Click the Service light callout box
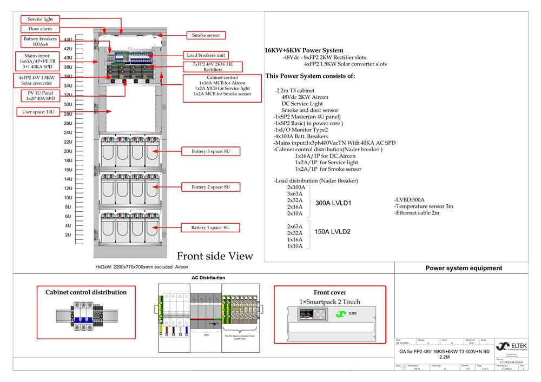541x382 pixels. click(x=40, y=19)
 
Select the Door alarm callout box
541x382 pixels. click(x=40, y=29)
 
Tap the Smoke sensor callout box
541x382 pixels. click(x=206, y=35)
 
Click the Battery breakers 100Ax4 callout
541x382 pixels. click(x=39, y=42)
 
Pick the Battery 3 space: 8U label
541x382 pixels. click(x=210, y=151)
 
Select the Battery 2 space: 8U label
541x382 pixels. click(x=210, y=187)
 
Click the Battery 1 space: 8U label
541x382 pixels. click(x=210, y=228)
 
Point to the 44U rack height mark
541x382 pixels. click(x=68, y=39)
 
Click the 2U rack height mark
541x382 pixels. click(x=68, y=235)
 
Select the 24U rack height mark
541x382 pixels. click(x=68, y=132)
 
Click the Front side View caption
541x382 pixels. click(x=215, y=256)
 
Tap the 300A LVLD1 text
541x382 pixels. click(x=334, y=203)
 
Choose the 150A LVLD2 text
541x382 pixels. click(x=333, y=232)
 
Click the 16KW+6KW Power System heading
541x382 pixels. click(x=304, y=50)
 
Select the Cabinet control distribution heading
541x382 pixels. click(x=86, y=292)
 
